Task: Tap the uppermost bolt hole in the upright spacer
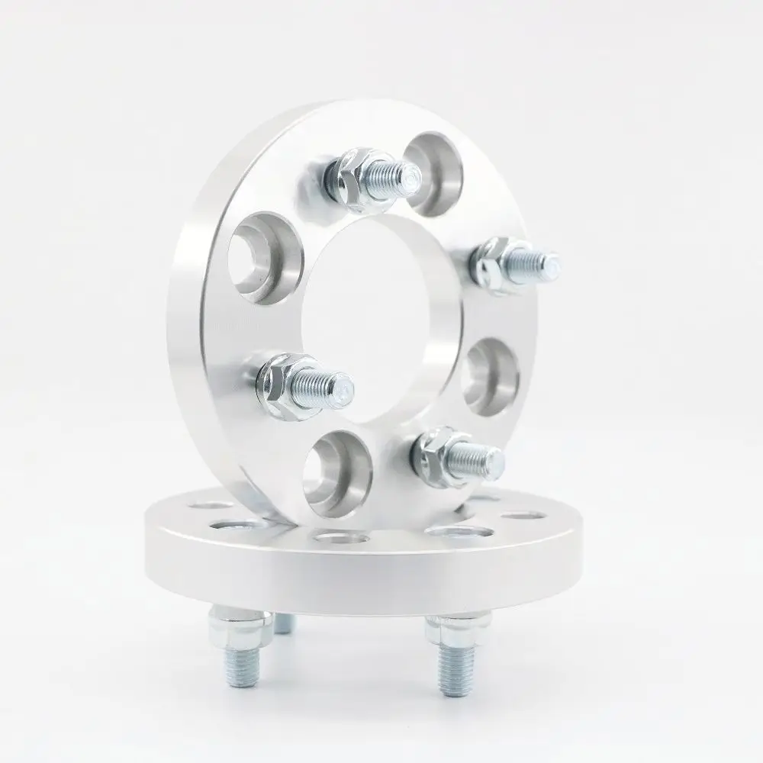tap(433, 172)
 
